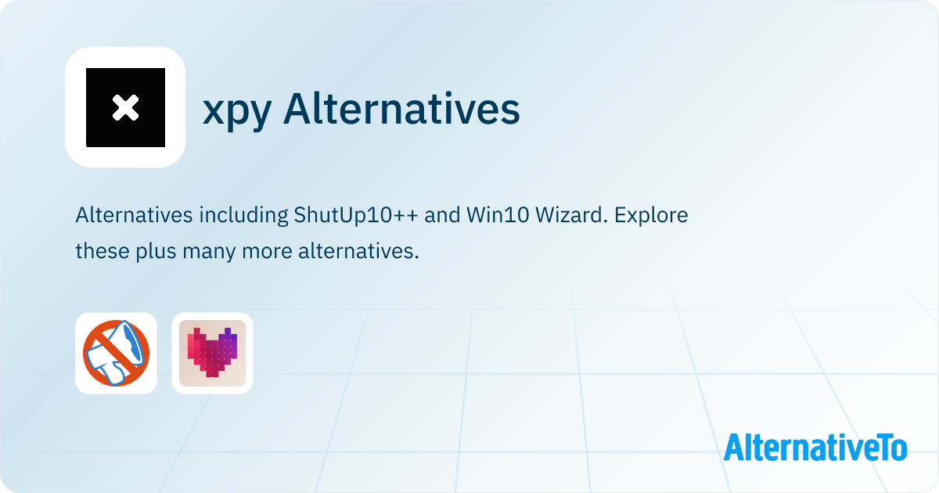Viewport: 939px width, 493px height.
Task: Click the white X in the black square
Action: coord(125,108)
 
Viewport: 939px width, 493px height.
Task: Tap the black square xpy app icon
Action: coord(125,107)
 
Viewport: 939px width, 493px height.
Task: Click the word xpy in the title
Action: coord(237,110)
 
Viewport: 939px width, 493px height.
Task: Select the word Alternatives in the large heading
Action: coord(401,108)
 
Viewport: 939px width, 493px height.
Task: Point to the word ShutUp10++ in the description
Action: coord(356,214)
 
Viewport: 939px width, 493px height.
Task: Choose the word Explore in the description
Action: coord(651,215)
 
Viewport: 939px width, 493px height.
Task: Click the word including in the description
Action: coord(243,215)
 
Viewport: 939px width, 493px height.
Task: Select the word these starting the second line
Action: coord(103,251)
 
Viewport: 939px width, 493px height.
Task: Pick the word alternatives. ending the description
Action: coord(359,251)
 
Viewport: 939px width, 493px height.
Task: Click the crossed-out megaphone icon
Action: coord(116,353)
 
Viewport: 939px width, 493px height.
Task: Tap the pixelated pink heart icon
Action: coord(212,353)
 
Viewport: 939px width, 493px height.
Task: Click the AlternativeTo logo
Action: coord(815,448)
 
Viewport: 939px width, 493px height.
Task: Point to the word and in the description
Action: coord(442,214)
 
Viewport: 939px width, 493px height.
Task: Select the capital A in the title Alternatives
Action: coord(296,108)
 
